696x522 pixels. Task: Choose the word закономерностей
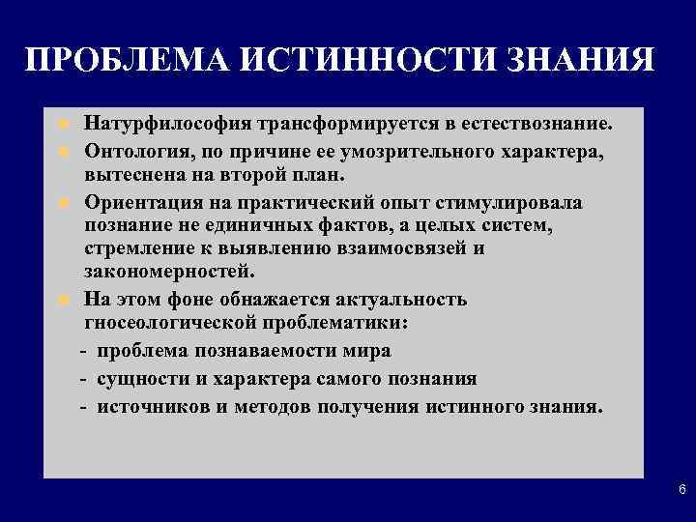click(x=170, y=273)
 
